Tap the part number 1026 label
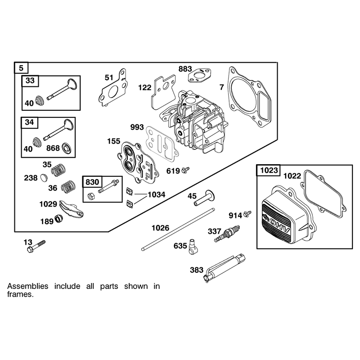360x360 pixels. tap(160, 228)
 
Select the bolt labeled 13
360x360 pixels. tap(36, 247)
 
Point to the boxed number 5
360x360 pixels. tap(21, 68)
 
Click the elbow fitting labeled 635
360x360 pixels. tap(192, 247)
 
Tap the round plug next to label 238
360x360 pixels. tap(44, 178)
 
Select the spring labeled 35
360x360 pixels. tap(58, 170)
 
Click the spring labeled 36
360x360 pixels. tap(68, 186)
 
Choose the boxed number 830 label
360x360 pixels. tap(92, 182)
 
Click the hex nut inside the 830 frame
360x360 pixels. tap(90, 196)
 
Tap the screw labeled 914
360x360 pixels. tap(247, 213)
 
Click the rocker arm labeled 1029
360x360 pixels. tap(72, 209)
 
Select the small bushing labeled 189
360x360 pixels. tap(59, 219)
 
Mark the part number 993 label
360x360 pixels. tap(137, 127)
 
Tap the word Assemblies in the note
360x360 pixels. tap(28, 286)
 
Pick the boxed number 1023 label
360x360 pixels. tap(269, 171)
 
